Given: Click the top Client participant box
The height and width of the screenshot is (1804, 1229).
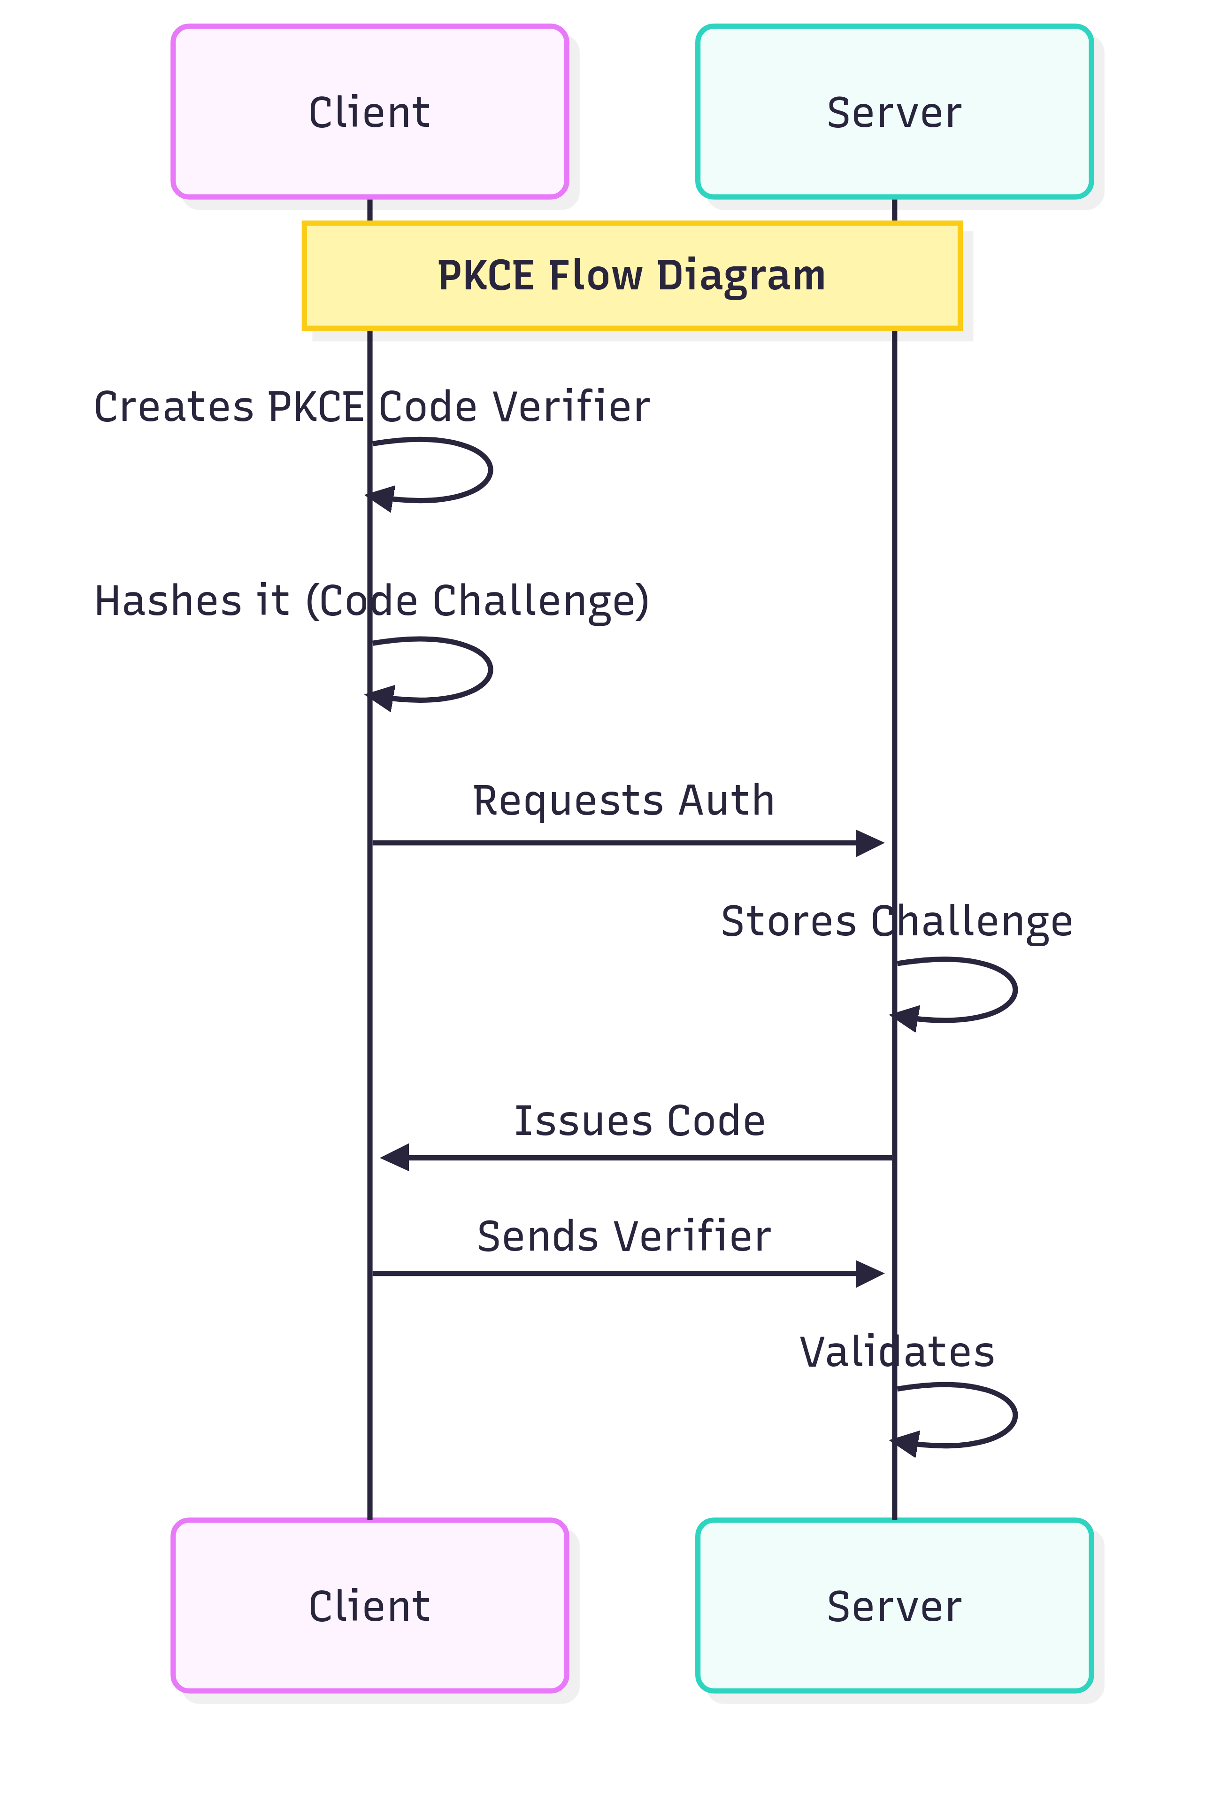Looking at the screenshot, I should [369, 112].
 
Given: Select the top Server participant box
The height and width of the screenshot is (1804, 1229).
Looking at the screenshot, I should [894, 112].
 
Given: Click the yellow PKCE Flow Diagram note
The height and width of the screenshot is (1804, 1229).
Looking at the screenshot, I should [631, 276].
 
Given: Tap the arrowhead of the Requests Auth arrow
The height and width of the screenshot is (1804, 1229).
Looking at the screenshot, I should [870, 842].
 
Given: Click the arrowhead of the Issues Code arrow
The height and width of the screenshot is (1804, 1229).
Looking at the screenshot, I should [394, 1158].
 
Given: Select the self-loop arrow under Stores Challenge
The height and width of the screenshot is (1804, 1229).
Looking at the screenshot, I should [1014, 990].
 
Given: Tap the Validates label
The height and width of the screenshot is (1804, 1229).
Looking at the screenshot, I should [897, 1352].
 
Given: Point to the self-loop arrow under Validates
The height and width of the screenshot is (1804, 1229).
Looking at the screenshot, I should [1014, 1415].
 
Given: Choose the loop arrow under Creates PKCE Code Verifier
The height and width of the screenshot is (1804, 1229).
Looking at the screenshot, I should [490, 470].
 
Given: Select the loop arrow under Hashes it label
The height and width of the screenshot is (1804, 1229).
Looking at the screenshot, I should [490, 669].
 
